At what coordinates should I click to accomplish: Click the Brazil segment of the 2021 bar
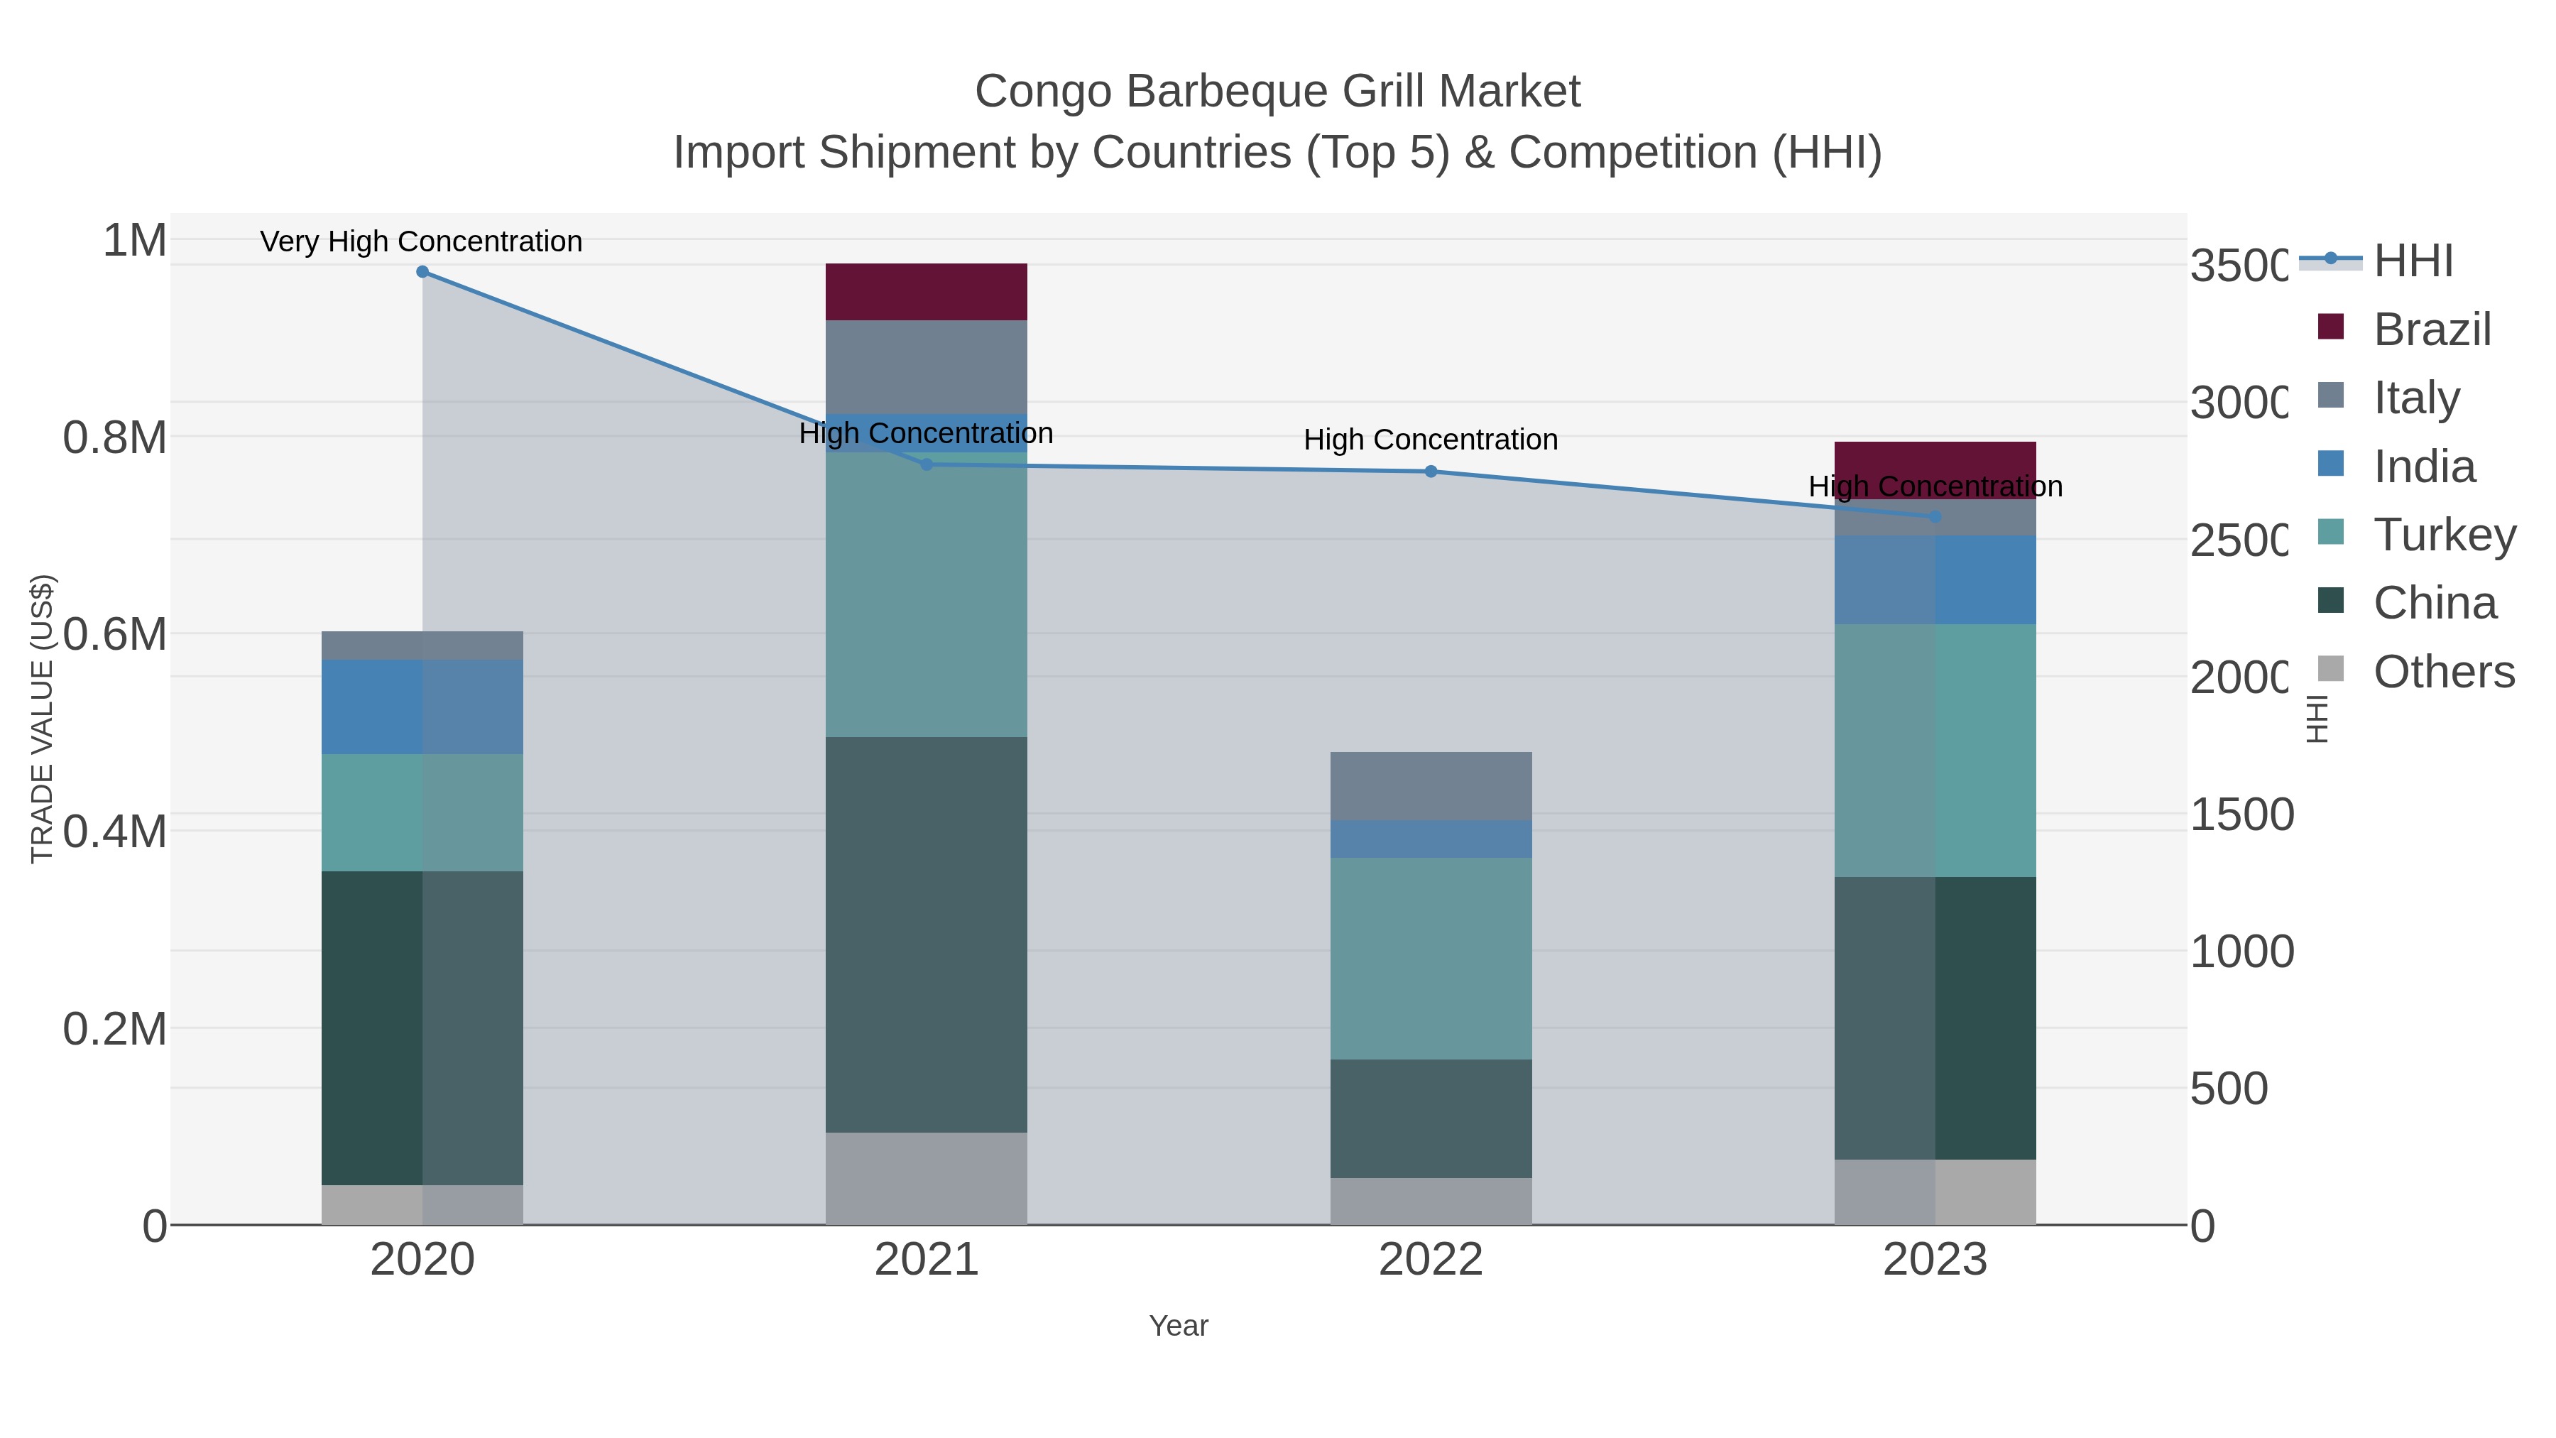point(926,292)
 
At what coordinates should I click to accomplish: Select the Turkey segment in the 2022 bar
point(1430,958)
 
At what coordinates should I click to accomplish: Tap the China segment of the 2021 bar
point(926,934)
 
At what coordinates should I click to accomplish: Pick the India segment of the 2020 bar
point(422,707)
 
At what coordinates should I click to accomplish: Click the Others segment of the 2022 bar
point(1430,1201)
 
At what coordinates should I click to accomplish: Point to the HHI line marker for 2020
point(422,272)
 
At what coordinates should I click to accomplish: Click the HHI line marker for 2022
point(1430,472)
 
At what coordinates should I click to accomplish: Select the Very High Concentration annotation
point(421,242)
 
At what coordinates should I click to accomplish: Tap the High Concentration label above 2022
point(1430,440)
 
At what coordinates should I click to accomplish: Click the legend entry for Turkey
point(2443,535)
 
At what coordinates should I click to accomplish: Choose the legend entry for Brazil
point(2431,329)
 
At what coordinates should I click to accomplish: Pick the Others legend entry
point(2443,672)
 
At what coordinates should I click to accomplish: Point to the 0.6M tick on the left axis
point(114,634)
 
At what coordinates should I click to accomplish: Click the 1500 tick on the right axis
point(2241,815)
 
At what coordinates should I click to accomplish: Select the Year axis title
point(1178,1326)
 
